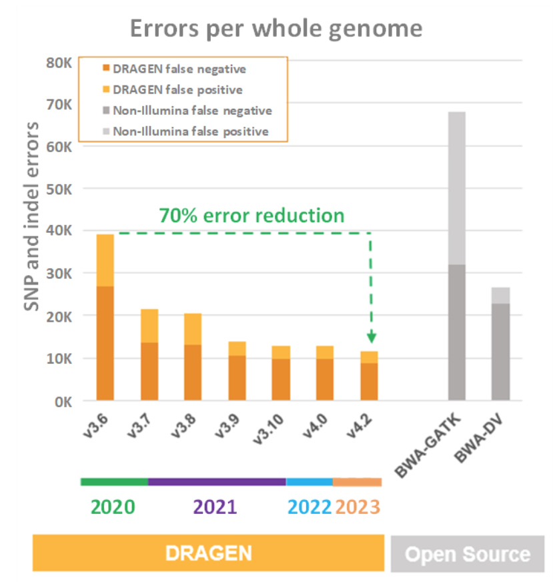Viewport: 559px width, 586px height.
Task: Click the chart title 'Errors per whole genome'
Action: pos(275,29)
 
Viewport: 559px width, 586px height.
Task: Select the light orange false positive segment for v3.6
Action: pos(105,260)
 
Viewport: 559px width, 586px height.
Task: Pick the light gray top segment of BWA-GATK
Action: pos(457,188)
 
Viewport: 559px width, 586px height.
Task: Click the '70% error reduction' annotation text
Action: pos(251,216)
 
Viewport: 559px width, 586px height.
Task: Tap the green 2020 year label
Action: pos(113,507)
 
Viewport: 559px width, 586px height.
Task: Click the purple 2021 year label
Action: pos(215,507)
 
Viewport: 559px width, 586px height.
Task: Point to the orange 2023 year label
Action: pos(358,507)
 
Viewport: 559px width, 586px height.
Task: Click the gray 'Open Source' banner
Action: pos(467,554)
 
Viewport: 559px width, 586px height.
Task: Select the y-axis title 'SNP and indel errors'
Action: pos(32,216)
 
